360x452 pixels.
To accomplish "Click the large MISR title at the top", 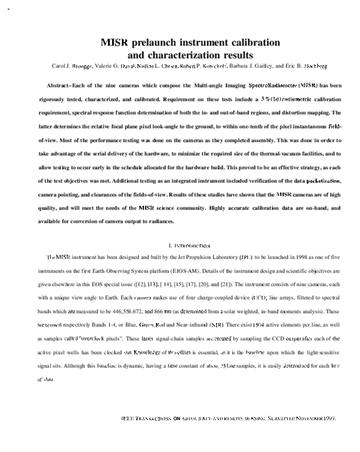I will click(x=114, y=43).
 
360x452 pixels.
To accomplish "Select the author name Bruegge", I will click(x=82, y=66).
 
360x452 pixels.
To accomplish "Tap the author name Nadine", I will click(x=146, y=66).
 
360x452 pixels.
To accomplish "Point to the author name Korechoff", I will click(x=215, y=66).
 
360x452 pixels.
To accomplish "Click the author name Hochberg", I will click(x=316, y=66).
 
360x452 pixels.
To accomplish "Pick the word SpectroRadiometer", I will click(x=272, y=86).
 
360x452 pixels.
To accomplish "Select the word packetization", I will click(x=324, y=181).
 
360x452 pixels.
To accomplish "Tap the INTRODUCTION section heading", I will click(x=191, y=246).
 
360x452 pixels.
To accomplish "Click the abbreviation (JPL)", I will click(x=247, y=258).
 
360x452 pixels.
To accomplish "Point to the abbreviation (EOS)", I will click(x=153, y=285).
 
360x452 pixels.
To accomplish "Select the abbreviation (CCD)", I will click(x=259, y=298).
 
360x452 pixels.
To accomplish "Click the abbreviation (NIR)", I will click(x=217, y=325).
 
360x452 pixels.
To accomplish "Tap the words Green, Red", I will click(x=152, y=325).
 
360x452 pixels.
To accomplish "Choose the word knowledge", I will click(x=146, y=352).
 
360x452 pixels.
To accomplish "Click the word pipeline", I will click(x=255, y=352).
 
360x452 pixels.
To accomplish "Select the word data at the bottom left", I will click(x=49, y=379).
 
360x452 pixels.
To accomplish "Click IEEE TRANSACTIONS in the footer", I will click(x=147, y=418).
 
